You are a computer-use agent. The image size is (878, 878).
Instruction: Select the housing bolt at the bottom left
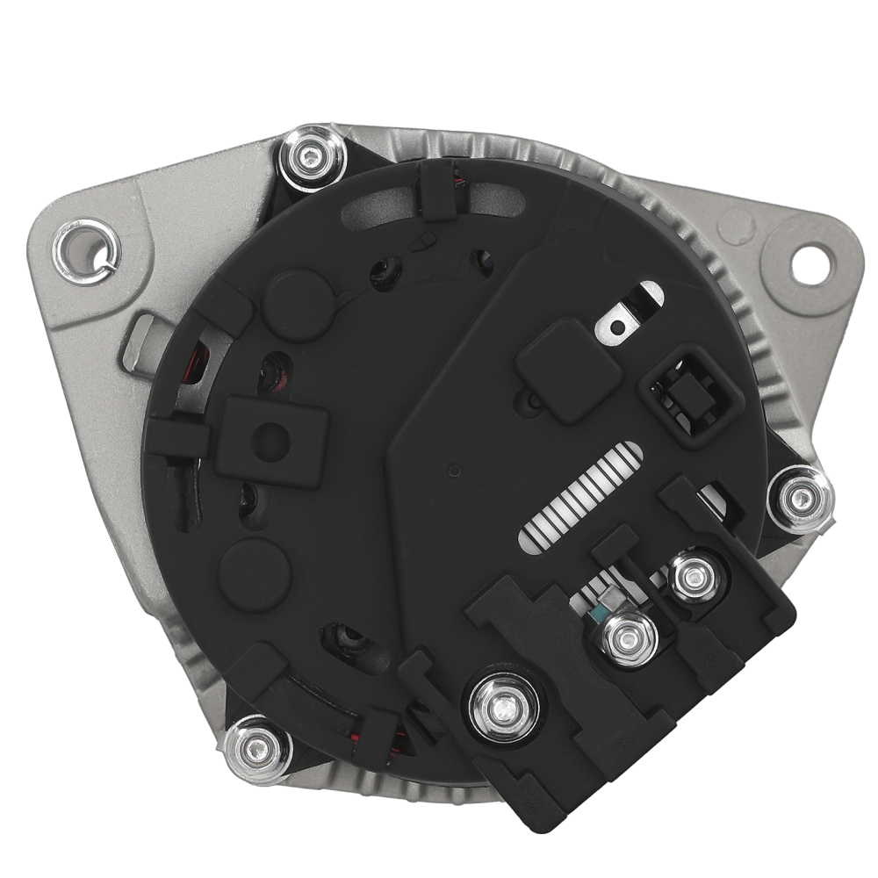[x=256, y=747]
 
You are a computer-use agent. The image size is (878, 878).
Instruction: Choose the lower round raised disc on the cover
[x=254, y=574]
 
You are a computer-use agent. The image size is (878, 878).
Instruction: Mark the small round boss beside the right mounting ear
[x=736, y=227]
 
